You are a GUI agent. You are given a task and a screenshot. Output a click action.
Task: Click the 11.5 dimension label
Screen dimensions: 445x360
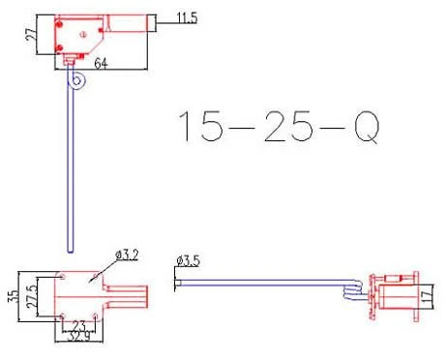tap(187, 17)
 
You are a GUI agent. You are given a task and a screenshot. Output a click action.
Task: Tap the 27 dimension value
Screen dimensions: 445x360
tap(31, 34)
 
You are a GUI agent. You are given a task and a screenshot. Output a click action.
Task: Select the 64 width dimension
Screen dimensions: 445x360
tap(101, 64)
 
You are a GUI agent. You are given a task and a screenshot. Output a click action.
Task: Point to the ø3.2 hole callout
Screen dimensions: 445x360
tap(127, 255)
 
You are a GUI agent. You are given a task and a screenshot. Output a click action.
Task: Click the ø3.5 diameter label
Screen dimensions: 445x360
tap(188, 260)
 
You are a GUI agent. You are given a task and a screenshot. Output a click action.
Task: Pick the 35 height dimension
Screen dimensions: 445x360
tap(14, 297)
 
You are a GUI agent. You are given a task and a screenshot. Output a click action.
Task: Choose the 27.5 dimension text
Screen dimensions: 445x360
tap(32, 296)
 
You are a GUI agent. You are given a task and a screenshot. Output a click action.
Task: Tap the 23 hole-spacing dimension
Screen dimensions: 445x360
tap(79, 325)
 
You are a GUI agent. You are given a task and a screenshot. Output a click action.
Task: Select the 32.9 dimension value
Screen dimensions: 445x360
tap(78, 337)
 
